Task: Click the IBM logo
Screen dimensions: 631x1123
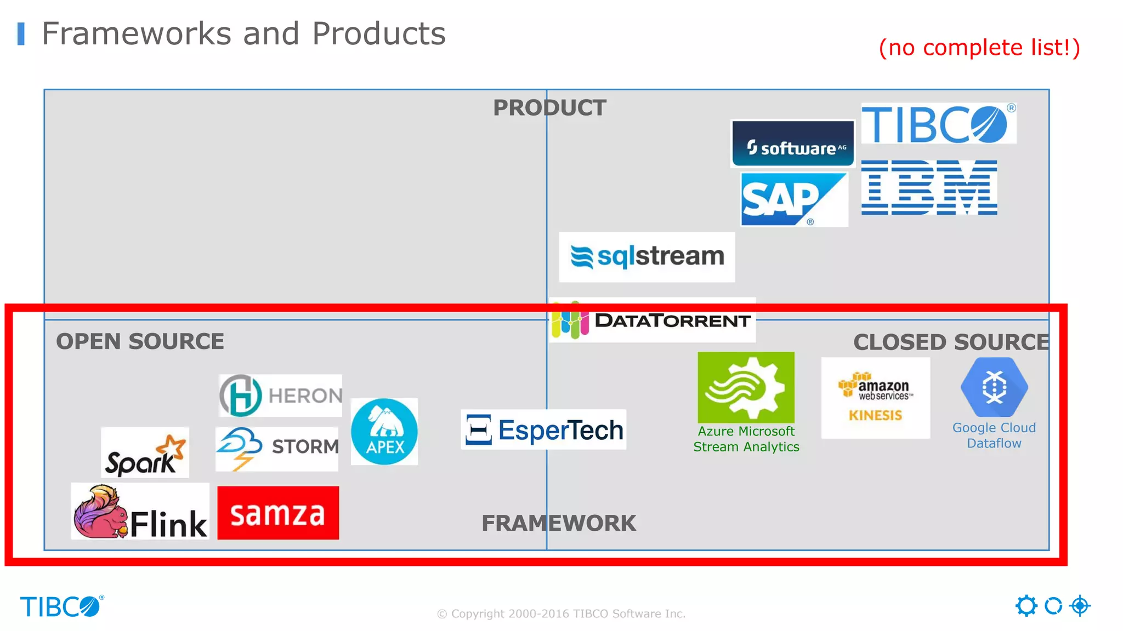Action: [929, 187]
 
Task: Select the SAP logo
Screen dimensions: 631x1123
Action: [793, 199]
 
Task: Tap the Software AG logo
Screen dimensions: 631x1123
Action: [793, 144]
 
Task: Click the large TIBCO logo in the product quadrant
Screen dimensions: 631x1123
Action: [938, 124]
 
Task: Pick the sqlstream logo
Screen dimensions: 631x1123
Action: [647, 257]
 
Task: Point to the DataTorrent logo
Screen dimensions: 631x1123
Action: [653, 320]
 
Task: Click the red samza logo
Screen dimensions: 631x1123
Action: [278, 513]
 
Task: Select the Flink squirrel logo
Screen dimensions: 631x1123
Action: [140, 512]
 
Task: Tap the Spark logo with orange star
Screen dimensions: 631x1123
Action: [145, 453]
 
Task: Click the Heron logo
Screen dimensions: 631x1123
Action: [280, 395]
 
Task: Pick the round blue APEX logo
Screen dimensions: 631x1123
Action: [384, 432]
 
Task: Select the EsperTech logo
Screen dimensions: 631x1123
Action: [543, 430]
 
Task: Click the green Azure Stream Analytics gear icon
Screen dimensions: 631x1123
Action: [746, 388]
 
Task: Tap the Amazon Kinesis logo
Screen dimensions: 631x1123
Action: [875, 398]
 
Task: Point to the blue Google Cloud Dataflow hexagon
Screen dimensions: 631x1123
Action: [994, 388]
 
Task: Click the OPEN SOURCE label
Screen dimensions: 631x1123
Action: [140, 341]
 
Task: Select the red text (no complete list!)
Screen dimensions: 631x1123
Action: [979, 48]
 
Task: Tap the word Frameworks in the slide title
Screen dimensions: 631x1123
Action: [137, 33]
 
